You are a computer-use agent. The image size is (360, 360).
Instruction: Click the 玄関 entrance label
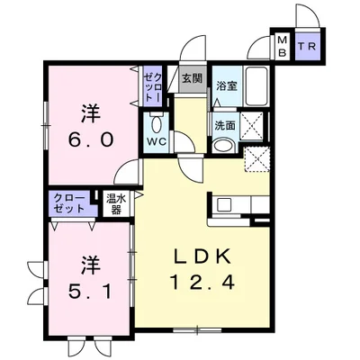(x=193, y=79)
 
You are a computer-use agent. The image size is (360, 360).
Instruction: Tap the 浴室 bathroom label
(x=227, y=86)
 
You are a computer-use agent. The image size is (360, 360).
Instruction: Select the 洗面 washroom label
(x=225, y=126)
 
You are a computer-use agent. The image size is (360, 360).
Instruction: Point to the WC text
(x=157, y=141)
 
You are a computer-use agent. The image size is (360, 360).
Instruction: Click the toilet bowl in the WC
(x=156, y=123)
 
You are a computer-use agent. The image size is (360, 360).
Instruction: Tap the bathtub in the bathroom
(x=256, y=86)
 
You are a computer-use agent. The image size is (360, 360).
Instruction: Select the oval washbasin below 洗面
(x=223, y=147)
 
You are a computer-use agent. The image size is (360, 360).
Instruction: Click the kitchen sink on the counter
(x=223, y=205)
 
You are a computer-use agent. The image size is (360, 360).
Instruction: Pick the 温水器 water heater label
(x=115, y=204)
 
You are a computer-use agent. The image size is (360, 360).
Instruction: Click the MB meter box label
(x=283, y=46)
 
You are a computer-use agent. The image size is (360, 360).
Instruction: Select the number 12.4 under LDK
(x=202, y=282)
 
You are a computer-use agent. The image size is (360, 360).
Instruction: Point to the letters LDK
(x=202, y=256)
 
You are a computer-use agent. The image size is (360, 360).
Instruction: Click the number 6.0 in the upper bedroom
(x=92, y=139)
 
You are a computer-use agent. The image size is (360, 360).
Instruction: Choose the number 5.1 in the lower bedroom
(x=91, y=292)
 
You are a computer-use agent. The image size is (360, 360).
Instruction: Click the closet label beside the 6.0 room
(x=153, y=87)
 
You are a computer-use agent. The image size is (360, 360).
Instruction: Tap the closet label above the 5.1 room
(x=70, y=203)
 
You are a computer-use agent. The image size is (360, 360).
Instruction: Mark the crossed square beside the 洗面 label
(x=252, y=126)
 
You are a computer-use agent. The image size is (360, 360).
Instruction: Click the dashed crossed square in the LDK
(x=256, y=160)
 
